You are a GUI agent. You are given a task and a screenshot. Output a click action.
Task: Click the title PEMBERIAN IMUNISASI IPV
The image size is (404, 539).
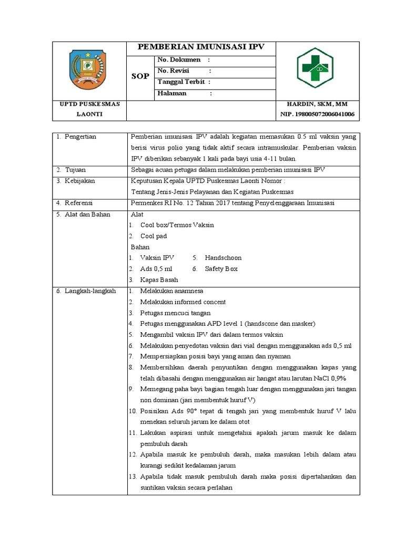pyautogui.click(x=201, y=47)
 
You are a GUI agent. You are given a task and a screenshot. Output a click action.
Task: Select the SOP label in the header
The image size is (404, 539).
pyautogui.click(x=140, y=76)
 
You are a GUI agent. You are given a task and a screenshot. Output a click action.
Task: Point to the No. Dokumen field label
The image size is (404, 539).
pyautogui.click(x=179, y=60)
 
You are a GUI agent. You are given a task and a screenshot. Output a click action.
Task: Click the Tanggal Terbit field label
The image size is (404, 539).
pyautogui.click(x=181, y=82)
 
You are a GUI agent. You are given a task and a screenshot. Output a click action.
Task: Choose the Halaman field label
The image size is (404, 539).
pyautogui.click(x=172, y=94)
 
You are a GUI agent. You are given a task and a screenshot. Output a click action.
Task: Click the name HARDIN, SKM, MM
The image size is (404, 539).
pyautogui.click(x=317, y=104)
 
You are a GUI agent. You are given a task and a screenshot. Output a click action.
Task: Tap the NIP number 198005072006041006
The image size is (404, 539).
pyautogui.click(x=317, y=114)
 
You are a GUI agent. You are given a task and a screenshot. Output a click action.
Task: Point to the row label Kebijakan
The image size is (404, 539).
pyautogui.click(x=79, y=181)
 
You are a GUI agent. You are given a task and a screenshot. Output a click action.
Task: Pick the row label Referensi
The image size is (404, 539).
pyautogui.click(x=80, y=203)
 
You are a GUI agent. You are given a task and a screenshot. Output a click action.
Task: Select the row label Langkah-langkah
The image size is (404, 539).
pyautogui.click(x=90, y=291)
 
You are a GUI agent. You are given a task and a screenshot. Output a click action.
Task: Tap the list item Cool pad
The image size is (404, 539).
pyautogui.click(x=153, y=236)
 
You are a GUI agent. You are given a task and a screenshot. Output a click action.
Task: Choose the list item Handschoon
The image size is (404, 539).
pyautogui.click(x=223, y=258)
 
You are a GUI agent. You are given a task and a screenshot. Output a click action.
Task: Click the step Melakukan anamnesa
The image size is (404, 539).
pyautogui.click(x=171, y=291)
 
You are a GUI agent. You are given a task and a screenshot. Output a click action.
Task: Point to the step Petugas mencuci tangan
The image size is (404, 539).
pyautogui.click(x=175, y=313)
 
